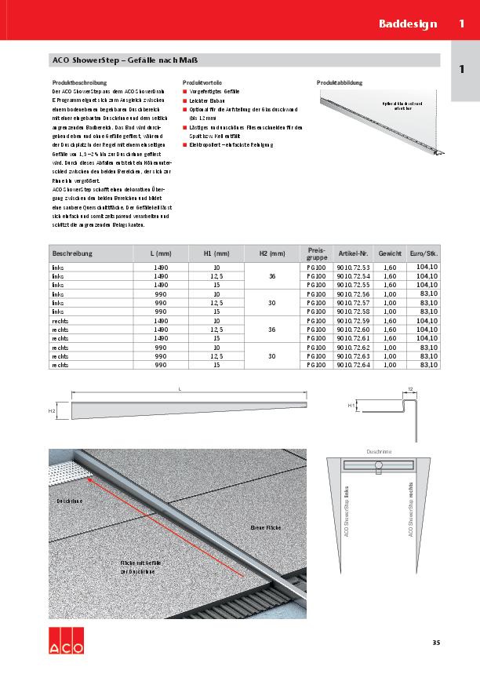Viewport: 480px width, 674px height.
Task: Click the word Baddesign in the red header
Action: [x=408, y=24]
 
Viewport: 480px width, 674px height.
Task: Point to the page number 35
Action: [x=436, y=643]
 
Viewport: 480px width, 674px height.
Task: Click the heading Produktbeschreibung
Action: [x=78, y=82]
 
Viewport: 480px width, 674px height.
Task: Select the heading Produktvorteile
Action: [x=202, y=82]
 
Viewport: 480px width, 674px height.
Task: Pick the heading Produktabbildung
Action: [x=340, y=82]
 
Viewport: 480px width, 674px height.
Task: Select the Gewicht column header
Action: [x=390, y=253]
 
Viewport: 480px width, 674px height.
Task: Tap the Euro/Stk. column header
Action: [x=424, y=253]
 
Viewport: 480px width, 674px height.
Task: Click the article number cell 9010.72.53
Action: [x=353, y=268]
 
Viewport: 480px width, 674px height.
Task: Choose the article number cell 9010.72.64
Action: [x=353, y=365]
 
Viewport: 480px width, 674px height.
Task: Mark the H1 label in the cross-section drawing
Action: [x=351, y=405]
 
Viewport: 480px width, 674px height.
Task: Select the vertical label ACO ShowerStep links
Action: [x=347, y=510]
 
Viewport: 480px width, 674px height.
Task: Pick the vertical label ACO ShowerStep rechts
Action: [x=410, y=510]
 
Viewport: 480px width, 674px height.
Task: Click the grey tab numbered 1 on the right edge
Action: [x=461, y=69]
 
